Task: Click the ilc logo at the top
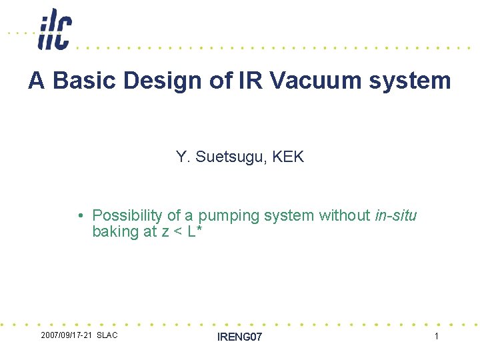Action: coord(55,29)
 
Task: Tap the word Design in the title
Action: coord(147,81)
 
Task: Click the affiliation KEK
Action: coord(288,157)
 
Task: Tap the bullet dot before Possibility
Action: coord(79,216)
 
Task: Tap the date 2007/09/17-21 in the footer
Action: coord(66,335)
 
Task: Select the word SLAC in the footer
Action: coord(107,335)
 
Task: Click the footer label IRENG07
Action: coord(240,337)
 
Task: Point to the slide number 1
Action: coord(437,337)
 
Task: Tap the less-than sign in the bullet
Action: coord(176,233)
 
